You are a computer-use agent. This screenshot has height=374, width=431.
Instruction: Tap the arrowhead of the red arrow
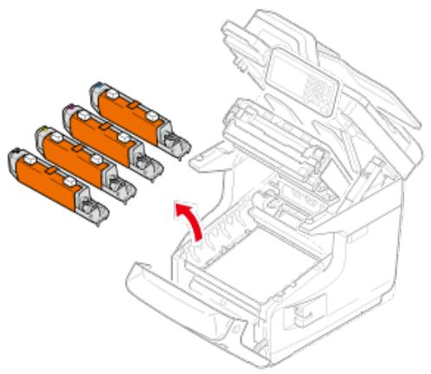(182, 208)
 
